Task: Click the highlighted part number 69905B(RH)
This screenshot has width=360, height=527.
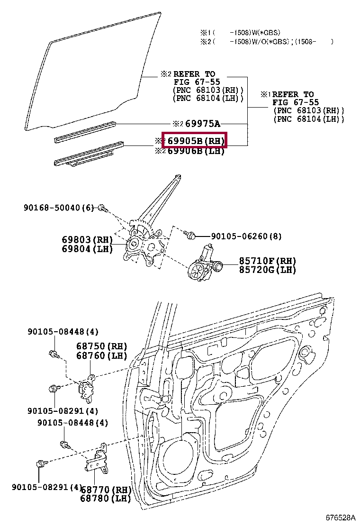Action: coord(194,140)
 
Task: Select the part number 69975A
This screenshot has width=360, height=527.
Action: coord(202,124)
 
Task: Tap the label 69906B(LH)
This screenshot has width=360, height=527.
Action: coord(196,151)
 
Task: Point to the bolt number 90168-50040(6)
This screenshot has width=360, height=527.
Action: coord(59,208)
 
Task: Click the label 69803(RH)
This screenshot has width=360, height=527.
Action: coord(87,240)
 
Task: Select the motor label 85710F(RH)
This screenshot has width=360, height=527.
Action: coord(267,261)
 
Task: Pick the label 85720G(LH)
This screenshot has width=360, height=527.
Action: coord(267,270)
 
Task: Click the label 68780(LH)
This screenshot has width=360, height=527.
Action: coord(105,499)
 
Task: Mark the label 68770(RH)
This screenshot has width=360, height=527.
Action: coord(105,490)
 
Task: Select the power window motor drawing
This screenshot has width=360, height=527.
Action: coord(205,265)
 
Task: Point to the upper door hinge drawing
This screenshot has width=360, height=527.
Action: coord(86,386)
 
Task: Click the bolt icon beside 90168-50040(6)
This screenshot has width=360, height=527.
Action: coord(103,208)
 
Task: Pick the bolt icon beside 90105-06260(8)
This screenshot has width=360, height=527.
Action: coord(190,235)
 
